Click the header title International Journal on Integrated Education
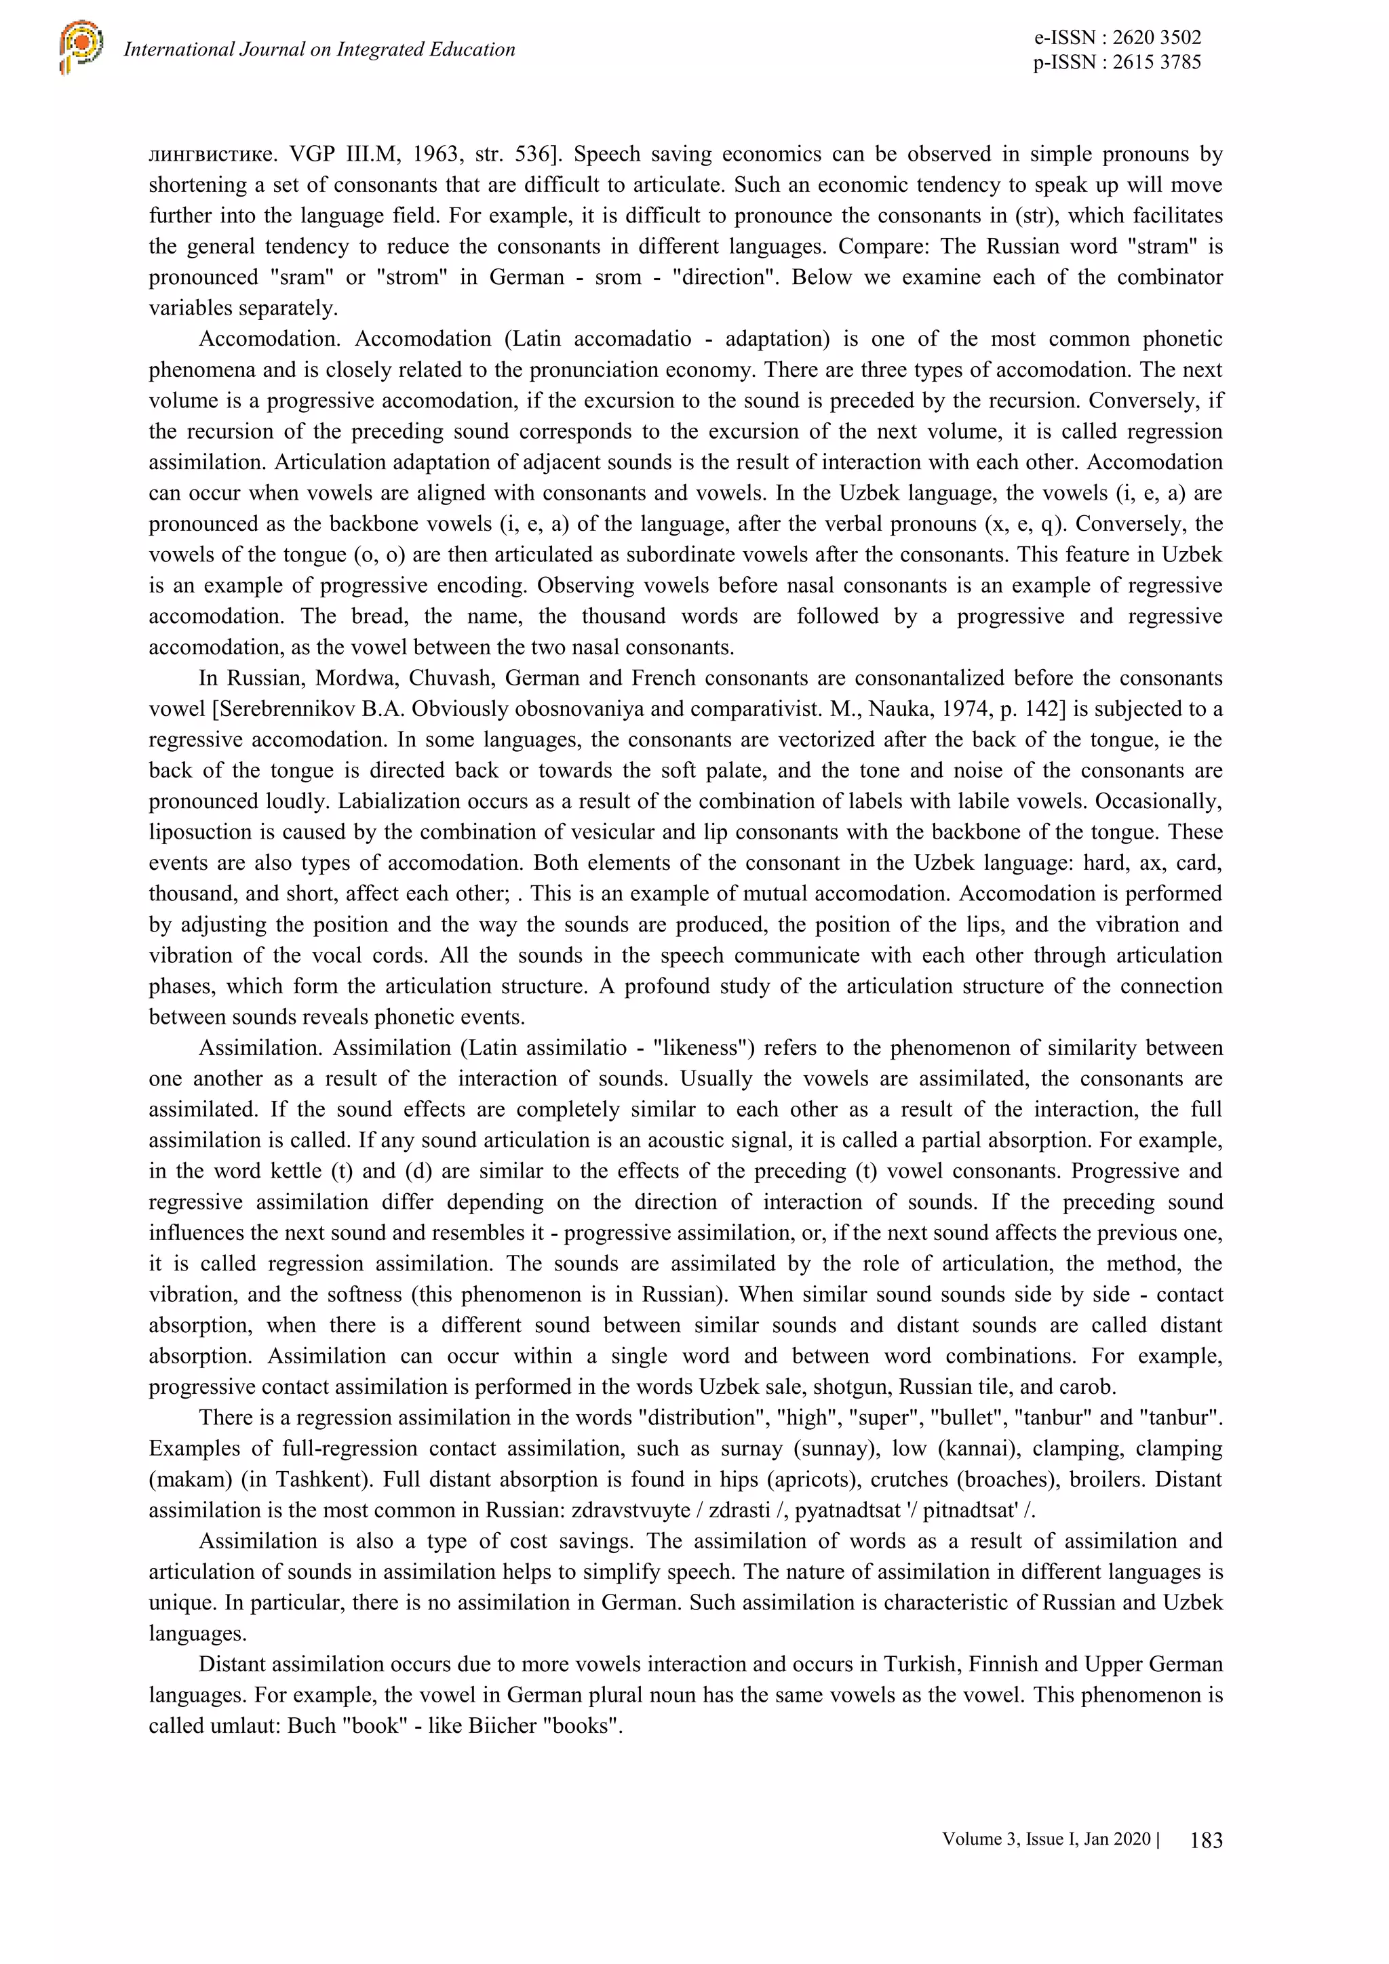click(319, 49)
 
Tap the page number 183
click(1206, 1840)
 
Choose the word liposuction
click(201, 833)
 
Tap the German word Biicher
click(503, 1725)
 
